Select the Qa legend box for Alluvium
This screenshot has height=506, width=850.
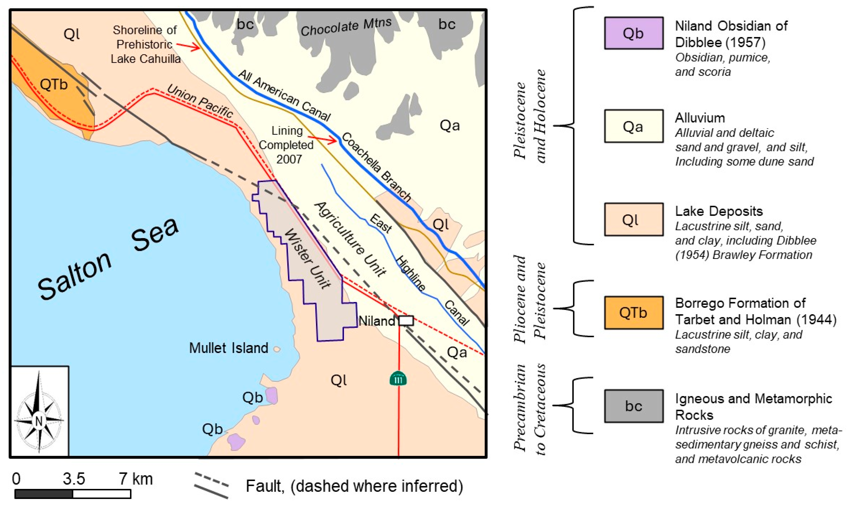634,126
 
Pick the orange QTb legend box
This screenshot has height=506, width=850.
634,313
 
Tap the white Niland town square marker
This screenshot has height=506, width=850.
406,321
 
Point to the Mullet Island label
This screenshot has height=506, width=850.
228,348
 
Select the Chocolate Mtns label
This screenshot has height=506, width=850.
346,27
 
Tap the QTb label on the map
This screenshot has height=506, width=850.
54,84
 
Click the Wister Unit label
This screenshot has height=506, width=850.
307,259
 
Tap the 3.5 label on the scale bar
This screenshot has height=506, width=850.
74,479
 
